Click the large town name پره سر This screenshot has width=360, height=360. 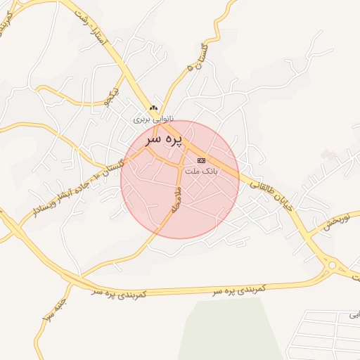pos(164,140)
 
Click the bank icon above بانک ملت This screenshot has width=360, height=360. pos(202,161)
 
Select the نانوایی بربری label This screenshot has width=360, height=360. pos(154,120)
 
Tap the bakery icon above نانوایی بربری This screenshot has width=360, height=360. pos(154,108)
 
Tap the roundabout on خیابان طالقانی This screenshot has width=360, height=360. pos(332,265)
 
